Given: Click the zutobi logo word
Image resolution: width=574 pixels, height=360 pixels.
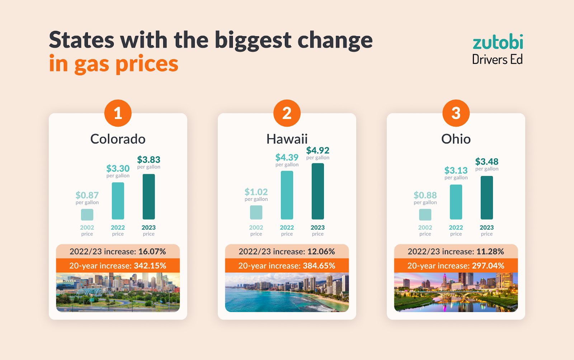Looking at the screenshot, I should click(498, 43).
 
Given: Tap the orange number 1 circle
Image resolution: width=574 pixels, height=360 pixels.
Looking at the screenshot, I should click(118, 113).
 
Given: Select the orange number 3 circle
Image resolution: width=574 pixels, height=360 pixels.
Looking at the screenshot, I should click(456, 113).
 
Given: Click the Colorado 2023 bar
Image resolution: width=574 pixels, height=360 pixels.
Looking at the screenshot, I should click(149, 196).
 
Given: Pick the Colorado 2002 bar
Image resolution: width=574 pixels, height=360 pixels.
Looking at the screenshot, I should click(87, 214).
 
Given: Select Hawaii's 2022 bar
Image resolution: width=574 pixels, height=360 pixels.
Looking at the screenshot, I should click(287, 195).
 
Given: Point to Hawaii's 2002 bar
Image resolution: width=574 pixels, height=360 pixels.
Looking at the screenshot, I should click(256, 212).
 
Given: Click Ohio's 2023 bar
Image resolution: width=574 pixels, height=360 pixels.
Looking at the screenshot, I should click(486, 198).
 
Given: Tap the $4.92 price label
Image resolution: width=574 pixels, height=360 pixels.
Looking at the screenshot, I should click(317, 150).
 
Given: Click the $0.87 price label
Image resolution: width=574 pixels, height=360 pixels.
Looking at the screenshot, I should click(87, 195).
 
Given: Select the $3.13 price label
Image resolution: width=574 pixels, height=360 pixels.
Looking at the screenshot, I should click(456, 170).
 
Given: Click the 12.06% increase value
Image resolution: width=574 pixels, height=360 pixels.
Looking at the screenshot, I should click(321, 251).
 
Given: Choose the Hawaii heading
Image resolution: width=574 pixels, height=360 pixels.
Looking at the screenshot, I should click(287, 139).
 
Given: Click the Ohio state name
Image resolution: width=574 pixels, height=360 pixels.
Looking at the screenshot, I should click(456, 139).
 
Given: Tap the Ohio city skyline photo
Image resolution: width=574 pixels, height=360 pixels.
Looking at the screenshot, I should click(456, 292).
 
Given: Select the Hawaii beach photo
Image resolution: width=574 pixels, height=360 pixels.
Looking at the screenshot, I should click(287, 292).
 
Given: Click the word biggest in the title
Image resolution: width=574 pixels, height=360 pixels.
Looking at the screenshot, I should click(253, 40).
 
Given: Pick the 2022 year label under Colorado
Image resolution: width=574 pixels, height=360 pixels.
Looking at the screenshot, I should click(118, 227).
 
